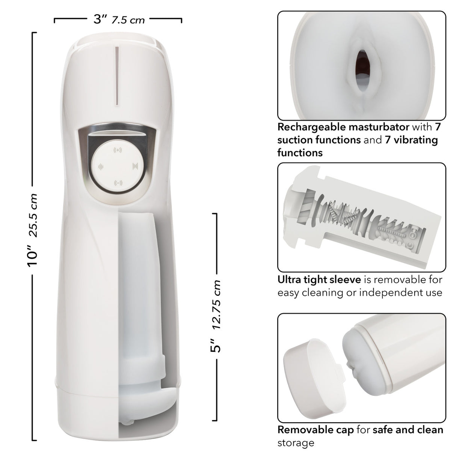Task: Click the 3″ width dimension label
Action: (x=100, y=19)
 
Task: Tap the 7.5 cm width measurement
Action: (x=128, y=20)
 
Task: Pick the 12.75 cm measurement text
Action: (x=215, y=305)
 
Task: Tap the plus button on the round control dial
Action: (x=118, y=150)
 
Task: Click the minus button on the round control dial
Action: (x=118, y=183)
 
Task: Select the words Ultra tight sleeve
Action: (x=319, y=279)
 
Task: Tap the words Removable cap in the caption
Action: (x=316, y=430)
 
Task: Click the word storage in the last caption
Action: (x=296, y=443)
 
